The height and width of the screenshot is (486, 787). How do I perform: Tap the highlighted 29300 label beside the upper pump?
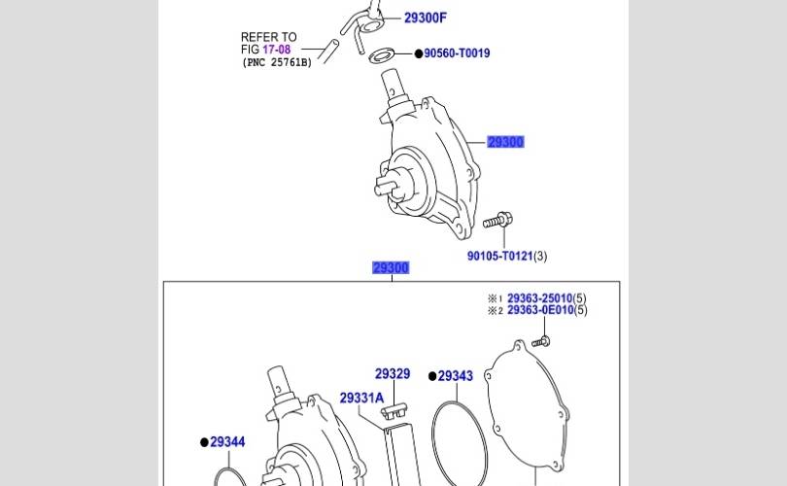(505, 142)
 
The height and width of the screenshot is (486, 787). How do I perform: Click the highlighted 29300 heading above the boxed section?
(391, 268)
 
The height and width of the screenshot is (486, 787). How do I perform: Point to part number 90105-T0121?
(500, 257)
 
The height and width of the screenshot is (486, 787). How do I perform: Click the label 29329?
(393, 373)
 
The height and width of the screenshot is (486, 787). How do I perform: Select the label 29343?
(455, 376)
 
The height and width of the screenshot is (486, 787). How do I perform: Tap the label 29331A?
(361, 398)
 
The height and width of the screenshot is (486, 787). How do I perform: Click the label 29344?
(227, 442)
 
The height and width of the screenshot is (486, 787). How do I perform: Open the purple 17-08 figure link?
(276, 49)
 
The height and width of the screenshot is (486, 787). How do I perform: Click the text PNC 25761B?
(276, 62)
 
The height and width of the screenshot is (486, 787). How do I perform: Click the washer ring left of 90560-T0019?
(383, 53)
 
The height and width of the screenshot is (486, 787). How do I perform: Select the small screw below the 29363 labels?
(542, 340)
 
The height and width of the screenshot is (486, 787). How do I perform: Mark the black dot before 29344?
(204, 442)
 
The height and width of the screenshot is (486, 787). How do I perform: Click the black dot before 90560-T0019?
(417, 53)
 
